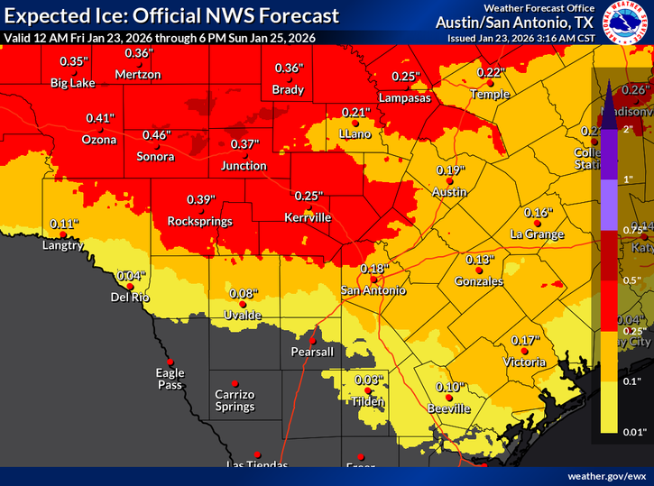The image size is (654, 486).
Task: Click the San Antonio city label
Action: pyautogui.click(x=373, y=290)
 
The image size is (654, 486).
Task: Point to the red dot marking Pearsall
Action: pyautogui.click(x=312, y=339)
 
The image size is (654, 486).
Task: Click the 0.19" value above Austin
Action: pyautogui.click(x=450, y=170)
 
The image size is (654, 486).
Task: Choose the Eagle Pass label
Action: pyautogui.click(x=170, y=379)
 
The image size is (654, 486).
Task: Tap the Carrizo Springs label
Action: pyautogui.click(x=235, y=400)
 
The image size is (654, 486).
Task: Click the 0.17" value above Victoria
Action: pyautogui.click(x=525, y=340)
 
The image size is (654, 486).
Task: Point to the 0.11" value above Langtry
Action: pyautogui.click(x=63, y=224)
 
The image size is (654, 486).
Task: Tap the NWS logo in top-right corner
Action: pyautogui.click(x=631, y=22)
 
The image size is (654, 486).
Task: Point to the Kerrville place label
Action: pyautogui.click(x=308, y=218)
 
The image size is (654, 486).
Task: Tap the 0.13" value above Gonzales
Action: pyautogui.click(x=480, y=259)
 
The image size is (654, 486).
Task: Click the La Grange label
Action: pyautogui.click(x=537, y=234)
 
